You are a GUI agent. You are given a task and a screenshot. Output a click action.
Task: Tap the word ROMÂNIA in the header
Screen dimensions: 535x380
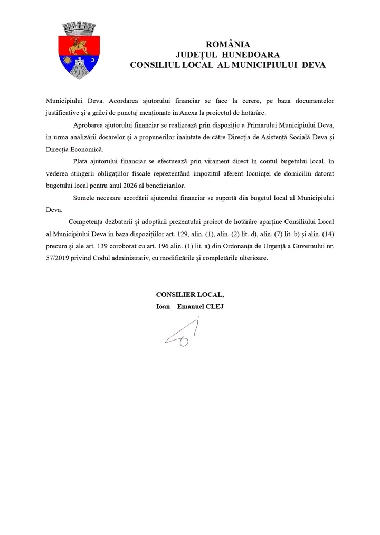(x=228, y=45)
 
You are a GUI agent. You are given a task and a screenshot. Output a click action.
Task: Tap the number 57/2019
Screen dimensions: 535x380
(x=59, y=258)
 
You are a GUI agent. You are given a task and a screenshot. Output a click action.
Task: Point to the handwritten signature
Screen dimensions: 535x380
(x=182, y=335)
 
